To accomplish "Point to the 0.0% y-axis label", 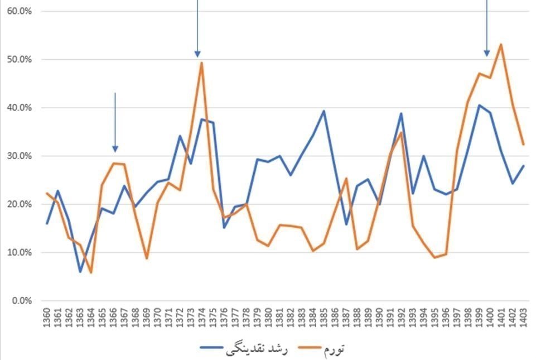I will pyautogui.click(x=18, y=301).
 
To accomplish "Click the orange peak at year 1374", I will pyautogui.click(x=201, y=63).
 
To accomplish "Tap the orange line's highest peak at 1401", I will pyautogui.click(x=501, y=44).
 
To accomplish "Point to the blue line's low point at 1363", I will pyautogui.click(x=80, y=272).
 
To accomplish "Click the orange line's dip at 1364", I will pyautogui.click(x=91, y=273).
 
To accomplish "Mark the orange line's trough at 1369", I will pyautogui.click(x=147, y=258).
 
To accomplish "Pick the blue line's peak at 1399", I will pyautogui.click(x=479, y=105).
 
